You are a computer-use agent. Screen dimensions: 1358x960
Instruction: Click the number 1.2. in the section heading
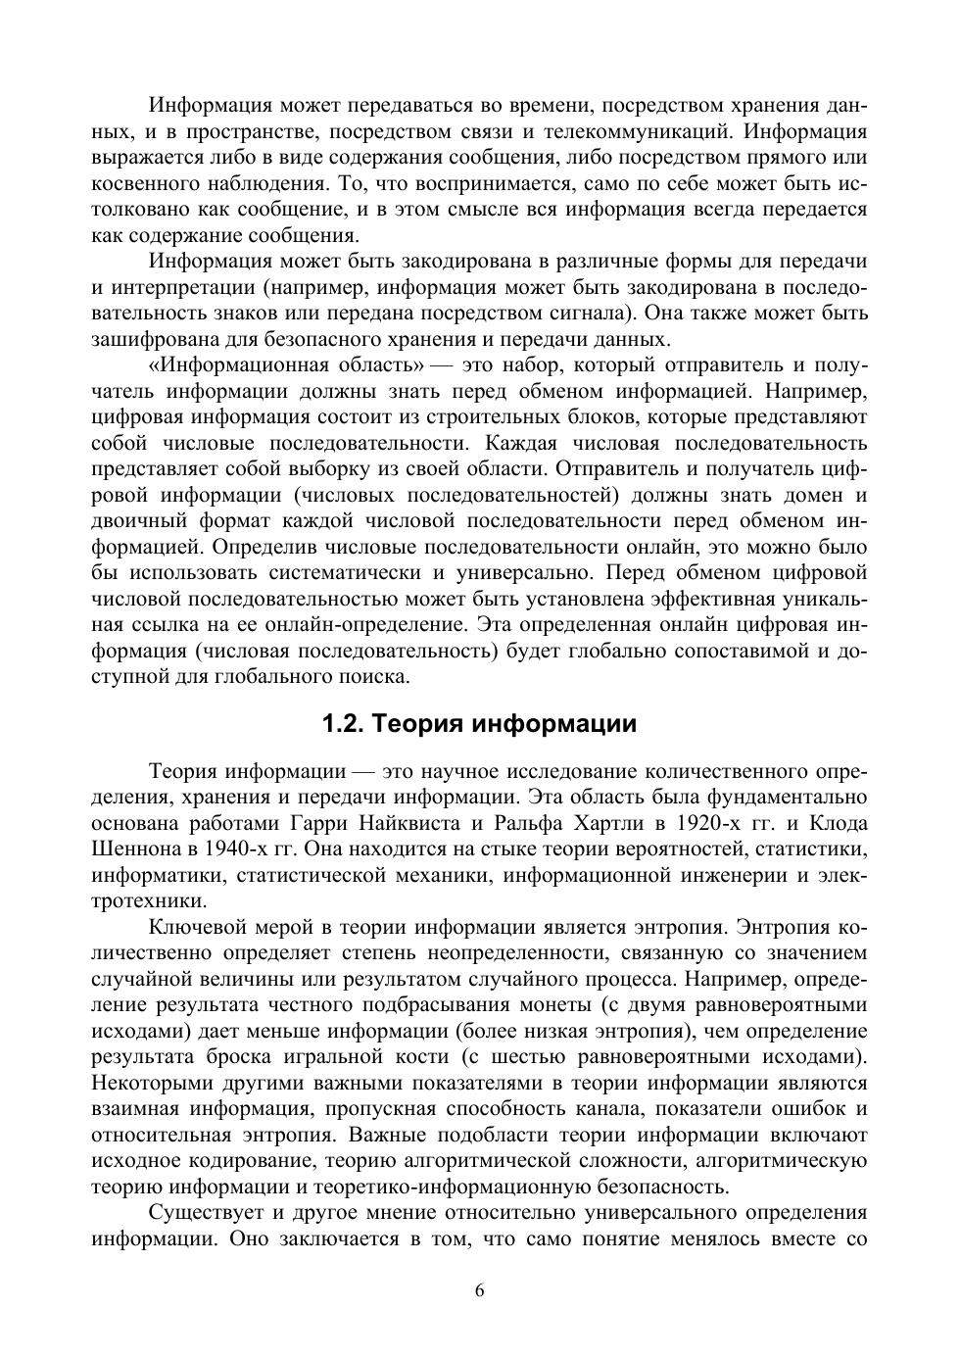pos(344,724)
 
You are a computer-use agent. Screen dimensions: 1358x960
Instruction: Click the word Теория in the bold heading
pos(418,724)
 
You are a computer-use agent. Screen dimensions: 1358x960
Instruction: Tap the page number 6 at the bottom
pos(479,1289)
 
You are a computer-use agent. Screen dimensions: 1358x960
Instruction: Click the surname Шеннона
pos(131,849)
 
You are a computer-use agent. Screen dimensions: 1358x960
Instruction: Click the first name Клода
pos(840,823)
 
